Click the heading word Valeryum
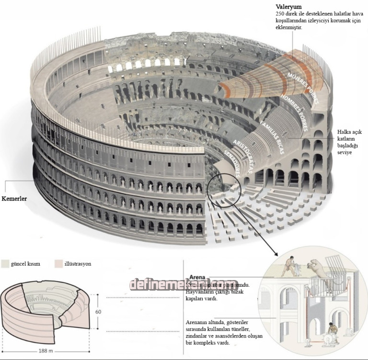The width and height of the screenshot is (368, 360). pos(288,7)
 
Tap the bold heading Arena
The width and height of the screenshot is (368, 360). pos(197,277)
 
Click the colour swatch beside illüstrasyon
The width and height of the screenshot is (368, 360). pos(59,263)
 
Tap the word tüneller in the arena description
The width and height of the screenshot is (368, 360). pos(238,329)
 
